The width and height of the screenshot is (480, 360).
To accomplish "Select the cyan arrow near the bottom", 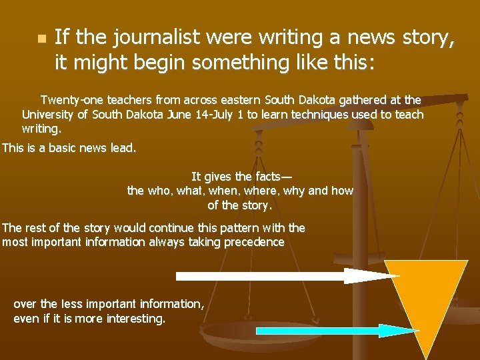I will pyautogui.click(x=327, y=331).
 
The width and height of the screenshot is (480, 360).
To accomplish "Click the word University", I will pyautogui.click(x=50, y=114).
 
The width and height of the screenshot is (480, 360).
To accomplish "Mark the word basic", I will pyautogui.click(x=57, y=147).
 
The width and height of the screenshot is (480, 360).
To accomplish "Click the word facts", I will pyautogui.click(x=269, y=177).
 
